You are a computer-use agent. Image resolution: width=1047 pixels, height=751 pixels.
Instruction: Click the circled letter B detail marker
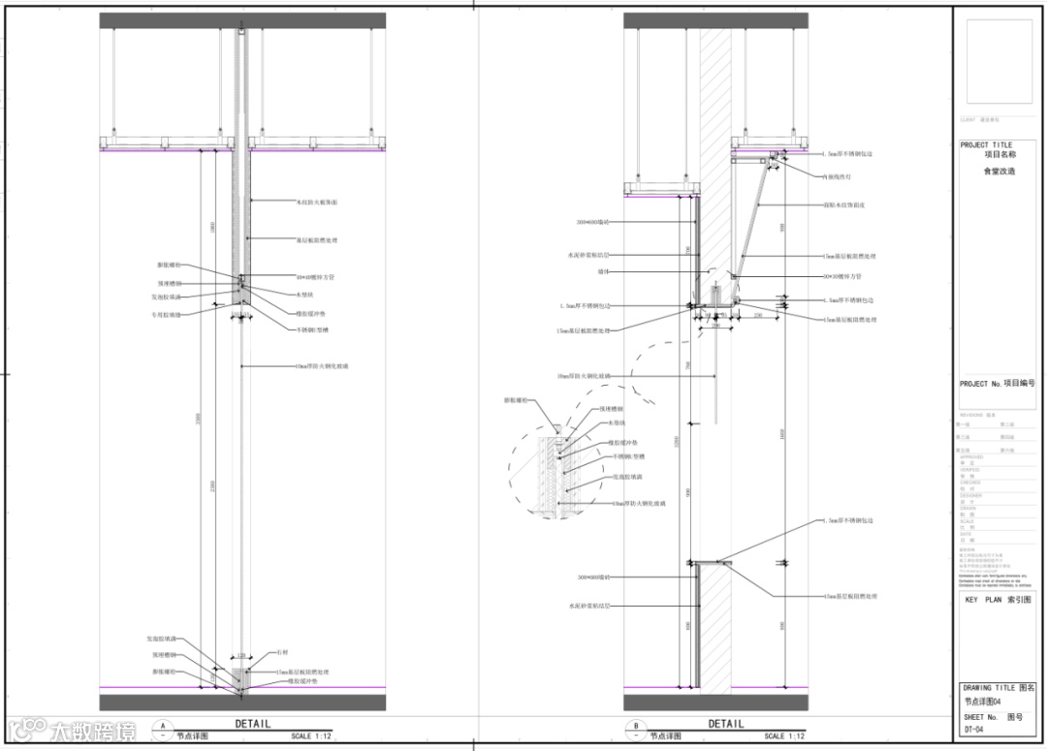[636, 725]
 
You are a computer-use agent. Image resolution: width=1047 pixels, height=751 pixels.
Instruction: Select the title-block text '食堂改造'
[999, 171]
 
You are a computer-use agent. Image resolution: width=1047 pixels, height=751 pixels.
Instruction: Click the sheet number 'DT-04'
[974, 730]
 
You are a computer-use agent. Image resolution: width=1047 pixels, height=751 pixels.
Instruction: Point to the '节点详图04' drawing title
[983, 702]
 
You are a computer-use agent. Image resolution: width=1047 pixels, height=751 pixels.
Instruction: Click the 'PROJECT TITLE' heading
[986, 145]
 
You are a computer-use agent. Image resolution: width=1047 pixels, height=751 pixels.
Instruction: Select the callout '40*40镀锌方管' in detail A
[315, 277]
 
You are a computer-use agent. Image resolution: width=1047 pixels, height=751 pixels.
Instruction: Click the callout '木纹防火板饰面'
[317, 202]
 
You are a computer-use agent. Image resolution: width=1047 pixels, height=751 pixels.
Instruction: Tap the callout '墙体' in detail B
[584, 271]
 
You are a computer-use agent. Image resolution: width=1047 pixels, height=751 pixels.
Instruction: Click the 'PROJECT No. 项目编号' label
[997, 384]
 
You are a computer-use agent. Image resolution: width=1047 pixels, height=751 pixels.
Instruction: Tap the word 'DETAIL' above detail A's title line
[253, 724]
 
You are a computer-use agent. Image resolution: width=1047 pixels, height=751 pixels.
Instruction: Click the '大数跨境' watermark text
[95, 730]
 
